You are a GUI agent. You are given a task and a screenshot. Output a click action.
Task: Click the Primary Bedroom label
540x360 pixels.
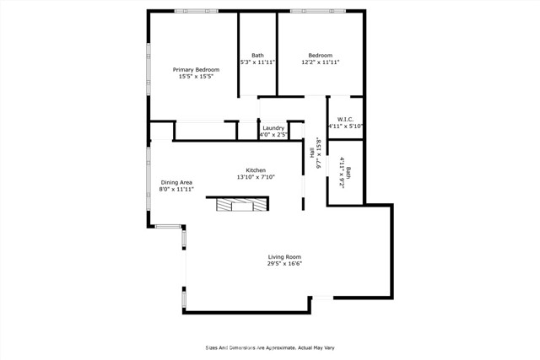pos(196,69)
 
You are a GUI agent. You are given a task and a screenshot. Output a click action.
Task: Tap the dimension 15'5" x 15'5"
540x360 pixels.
pos(197,77)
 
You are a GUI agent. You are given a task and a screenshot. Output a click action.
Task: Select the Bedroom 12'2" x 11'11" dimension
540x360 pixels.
pos(321,62)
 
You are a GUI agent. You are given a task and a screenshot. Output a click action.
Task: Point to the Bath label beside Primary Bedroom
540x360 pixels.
pos(257,55)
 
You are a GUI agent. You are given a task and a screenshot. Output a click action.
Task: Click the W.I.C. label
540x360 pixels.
pos(345,120)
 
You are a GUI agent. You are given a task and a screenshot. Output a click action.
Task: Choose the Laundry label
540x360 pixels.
pos(273,128)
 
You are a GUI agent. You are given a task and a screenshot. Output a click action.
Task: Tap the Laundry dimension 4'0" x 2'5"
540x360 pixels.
pos(273,135)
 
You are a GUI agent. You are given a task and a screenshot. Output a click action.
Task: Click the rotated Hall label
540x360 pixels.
pos(312,153)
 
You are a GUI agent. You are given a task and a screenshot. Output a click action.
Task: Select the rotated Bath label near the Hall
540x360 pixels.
pos(348,173)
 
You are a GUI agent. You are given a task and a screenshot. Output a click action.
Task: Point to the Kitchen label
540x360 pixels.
pos(256,170)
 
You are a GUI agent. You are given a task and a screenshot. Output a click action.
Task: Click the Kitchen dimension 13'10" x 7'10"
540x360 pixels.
pos(256,177)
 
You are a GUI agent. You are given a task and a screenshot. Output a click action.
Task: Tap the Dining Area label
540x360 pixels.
pos(176,182)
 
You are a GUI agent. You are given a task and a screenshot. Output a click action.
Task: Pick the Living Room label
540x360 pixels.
pos(284,257)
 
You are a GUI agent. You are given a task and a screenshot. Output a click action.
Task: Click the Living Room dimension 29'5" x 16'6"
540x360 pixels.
pos(284,264)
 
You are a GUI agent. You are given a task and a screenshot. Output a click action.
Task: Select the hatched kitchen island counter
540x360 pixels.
pos(242,204)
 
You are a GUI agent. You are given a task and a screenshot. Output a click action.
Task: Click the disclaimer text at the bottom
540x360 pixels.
pos(270,348)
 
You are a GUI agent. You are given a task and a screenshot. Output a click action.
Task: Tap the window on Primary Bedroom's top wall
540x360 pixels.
pos(197,11)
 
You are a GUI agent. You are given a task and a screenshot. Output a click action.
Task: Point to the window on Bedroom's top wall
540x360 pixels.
pos(318,11)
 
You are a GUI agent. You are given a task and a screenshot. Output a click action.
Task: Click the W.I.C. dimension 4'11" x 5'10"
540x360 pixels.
pos(345,126)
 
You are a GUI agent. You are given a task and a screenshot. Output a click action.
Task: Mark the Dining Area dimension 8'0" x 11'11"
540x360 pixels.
pos(176,190)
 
